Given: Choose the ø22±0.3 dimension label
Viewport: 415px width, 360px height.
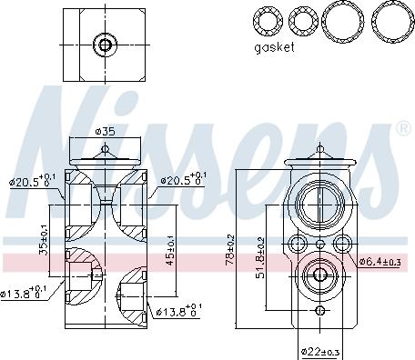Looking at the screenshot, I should pos(320,351).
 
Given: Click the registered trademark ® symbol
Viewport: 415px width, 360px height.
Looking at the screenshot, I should pos(402,129).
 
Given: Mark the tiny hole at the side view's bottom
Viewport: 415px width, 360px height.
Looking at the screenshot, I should pos(319,312).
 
